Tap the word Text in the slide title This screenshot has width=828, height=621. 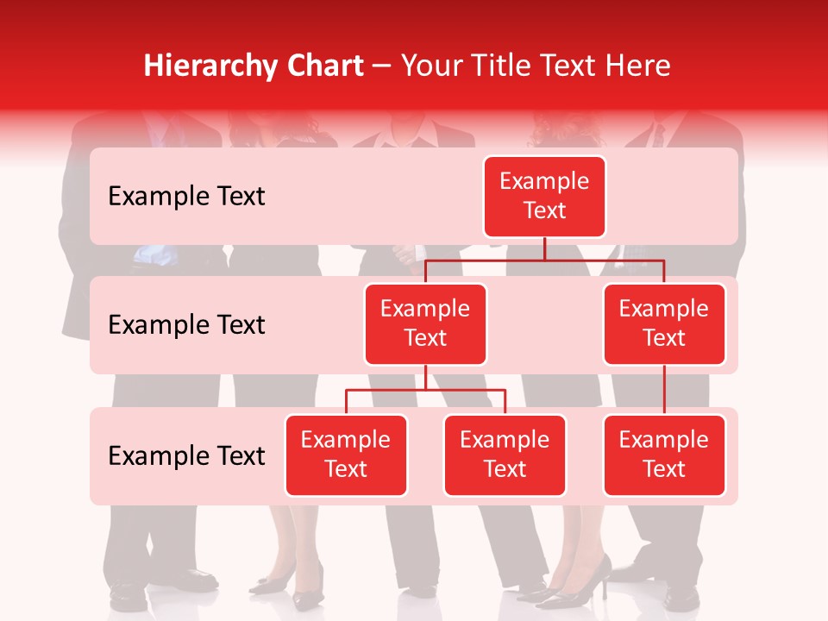pos(571,66)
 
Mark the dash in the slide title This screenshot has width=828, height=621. pos(382,66)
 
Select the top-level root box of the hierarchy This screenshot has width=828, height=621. pos(544,197)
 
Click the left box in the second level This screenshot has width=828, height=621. pos(425,323)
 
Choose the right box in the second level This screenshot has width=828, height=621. pos(664,323)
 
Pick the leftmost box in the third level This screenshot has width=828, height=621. pos(346,455)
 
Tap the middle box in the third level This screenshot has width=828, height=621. pos(505,455)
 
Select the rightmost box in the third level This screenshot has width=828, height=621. pos(664,455)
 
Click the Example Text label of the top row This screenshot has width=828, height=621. pos(186,197)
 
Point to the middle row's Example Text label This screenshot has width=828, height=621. pos(186,325)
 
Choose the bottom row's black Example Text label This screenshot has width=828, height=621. pos(186,455)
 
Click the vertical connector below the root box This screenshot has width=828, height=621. pos(544,248)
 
